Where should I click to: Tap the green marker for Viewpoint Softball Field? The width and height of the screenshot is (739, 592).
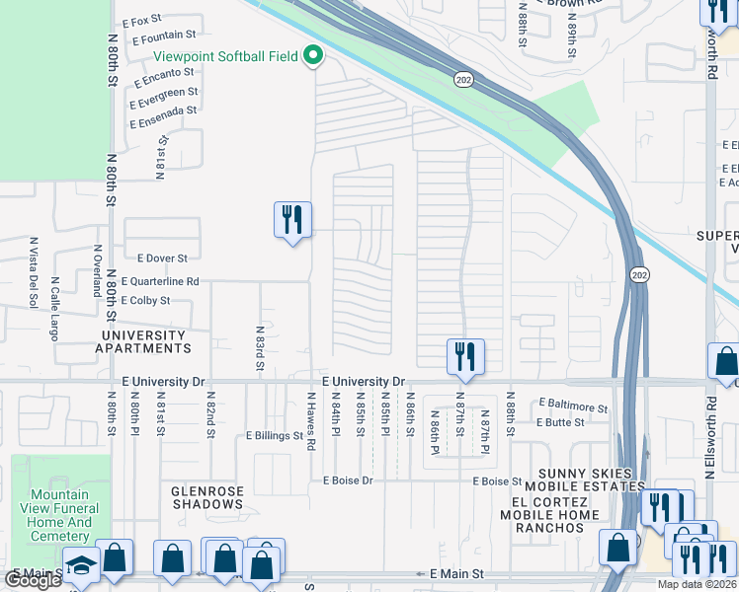click(x=314, y=56)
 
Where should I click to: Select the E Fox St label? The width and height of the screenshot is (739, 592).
click(x=141, y=21)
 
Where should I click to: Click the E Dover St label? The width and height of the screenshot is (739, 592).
click(x=155, y=259)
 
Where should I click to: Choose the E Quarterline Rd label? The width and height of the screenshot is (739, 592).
click(x=159, y=281)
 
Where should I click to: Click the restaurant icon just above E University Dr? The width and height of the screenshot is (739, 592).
click(x=465, y=356)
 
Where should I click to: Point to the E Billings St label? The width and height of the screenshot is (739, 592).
click(x=275, y=435)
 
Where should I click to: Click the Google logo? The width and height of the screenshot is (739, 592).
click(x=33, y=579)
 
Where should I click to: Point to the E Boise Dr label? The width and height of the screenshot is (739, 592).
click(x=346, y=481)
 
